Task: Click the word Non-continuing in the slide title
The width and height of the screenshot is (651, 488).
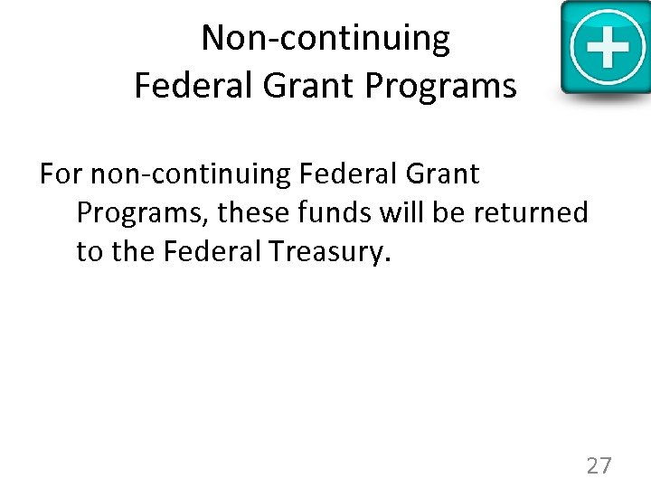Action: click(325, 39)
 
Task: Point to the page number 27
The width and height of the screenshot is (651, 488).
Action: click(599, 465)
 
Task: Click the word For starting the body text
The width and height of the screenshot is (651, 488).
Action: click(61, 174)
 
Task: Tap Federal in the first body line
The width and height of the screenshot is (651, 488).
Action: click(341, 174)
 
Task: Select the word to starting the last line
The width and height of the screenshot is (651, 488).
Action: click(90, 252)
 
